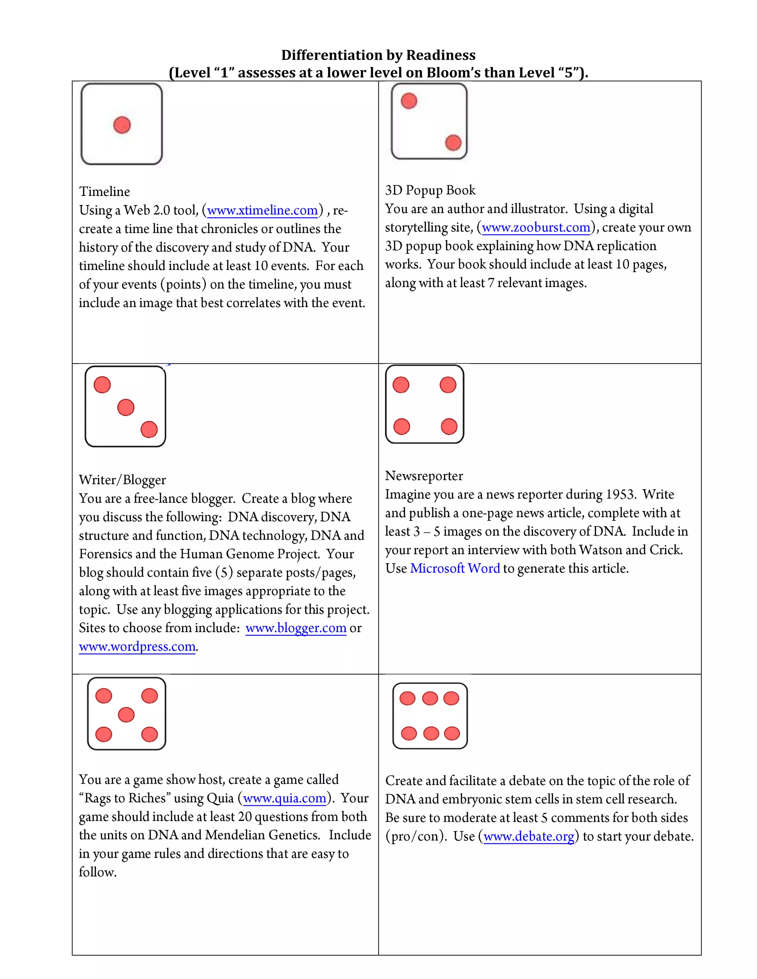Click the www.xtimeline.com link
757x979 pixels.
pyautogui.click(x=262, y=210)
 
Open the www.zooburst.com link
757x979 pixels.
pyautogui.click(x=536, y=227)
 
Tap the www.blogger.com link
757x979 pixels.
pyautogui.click(x=296, y=628)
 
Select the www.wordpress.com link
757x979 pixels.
pyautogui.click(x=137, y=647)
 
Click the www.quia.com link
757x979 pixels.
pyautogui.click(x=284, y=798)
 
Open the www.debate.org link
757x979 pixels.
pyautogui.click(x=529, y=836)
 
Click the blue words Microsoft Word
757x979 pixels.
pyautogui.click(x=455, y=569)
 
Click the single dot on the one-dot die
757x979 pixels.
pyautogui.click(x=122, y=125)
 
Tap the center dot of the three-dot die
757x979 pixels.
pyautogui.click(x=126, y=407)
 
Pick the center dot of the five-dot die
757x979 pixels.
pyautogui.click(x=126, y=714)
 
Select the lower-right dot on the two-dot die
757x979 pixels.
pyautogui.click(x=453, y=143)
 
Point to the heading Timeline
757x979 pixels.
pyautogui.click(x=105, y=192)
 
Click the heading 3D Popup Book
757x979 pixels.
pyautogui.click(x=430, y=190)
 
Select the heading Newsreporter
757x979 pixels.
pyautogui.click(x=424, y=475)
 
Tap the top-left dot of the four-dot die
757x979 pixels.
pyautogui.click(x=401, y=385)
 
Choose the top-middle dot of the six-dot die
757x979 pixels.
pyautogui.click(x=430, y=698)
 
